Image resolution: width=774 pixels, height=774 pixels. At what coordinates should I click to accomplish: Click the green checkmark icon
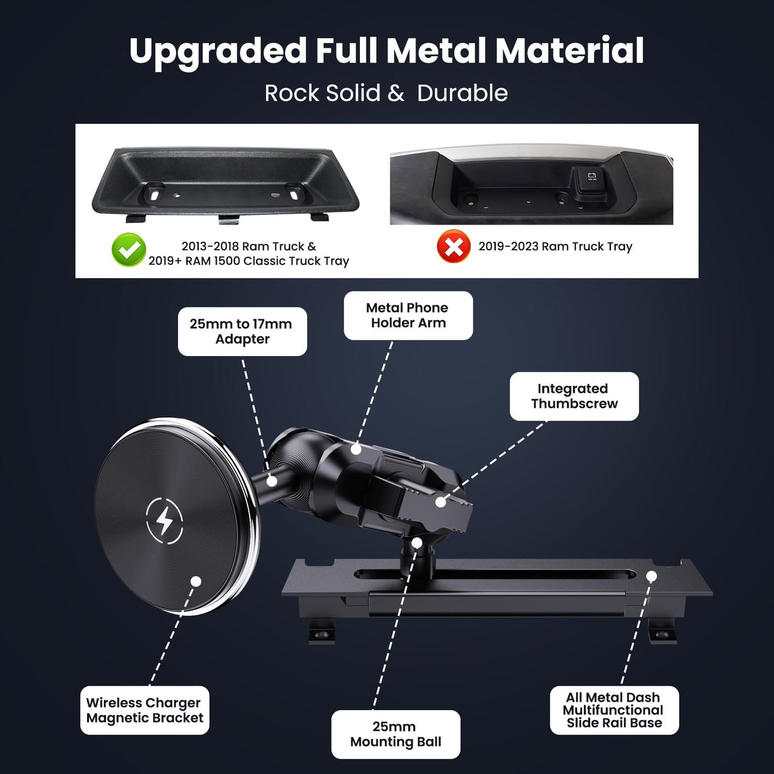pyautogui.click(x=128, y=250)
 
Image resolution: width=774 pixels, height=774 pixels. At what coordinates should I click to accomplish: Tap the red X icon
pyautogui.click(x=454, y=246)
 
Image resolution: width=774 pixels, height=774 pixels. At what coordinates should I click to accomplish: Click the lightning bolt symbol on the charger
pyautogui.click(x=164, y=521)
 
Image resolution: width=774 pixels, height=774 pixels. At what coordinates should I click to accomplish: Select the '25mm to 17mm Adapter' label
pyautogui.click(x=243, y=332)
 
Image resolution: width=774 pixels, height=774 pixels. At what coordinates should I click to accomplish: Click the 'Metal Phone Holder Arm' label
pyautogui.click(x=408, y=315)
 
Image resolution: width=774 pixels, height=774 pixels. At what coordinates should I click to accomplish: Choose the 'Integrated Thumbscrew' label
pyautogui.click(x=574, y=396)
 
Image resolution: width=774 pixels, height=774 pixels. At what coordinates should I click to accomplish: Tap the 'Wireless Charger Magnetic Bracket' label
pyautogui.click(x=144, y=710)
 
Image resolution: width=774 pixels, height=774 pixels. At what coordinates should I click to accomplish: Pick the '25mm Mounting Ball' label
pyautogui.click(x=395, y=734)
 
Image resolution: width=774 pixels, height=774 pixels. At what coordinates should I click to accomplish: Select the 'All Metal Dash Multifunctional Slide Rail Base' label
pyautogui.click(x=614, y=710)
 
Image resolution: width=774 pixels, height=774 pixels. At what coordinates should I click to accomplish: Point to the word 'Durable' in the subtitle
pyautogui.click(x=462, y=93)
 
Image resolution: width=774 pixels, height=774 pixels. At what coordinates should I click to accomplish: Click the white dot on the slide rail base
pyautogui.click(x=652, y=577)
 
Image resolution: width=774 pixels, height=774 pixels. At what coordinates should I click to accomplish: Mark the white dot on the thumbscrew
pyautogui.click(x=441, y=502)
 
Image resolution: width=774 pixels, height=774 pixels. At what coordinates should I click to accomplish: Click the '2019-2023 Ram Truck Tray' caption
pyautogui.click(x=555, y=246)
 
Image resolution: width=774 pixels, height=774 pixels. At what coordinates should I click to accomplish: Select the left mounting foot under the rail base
pyautogui.click(x=322, y=633)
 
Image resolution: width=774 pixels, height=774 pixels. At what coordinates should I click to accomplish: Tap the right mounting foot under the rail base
pyautogui.click(x=662, y=632)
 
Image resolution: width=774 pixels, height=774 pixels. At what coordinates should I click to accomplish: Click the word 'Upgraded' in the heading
pyautogui.click(x=218, y=53)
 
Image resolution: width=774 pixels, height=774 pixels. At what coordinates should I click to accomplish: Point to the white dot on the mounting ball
pyautogui.click(x=417, y=543)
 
